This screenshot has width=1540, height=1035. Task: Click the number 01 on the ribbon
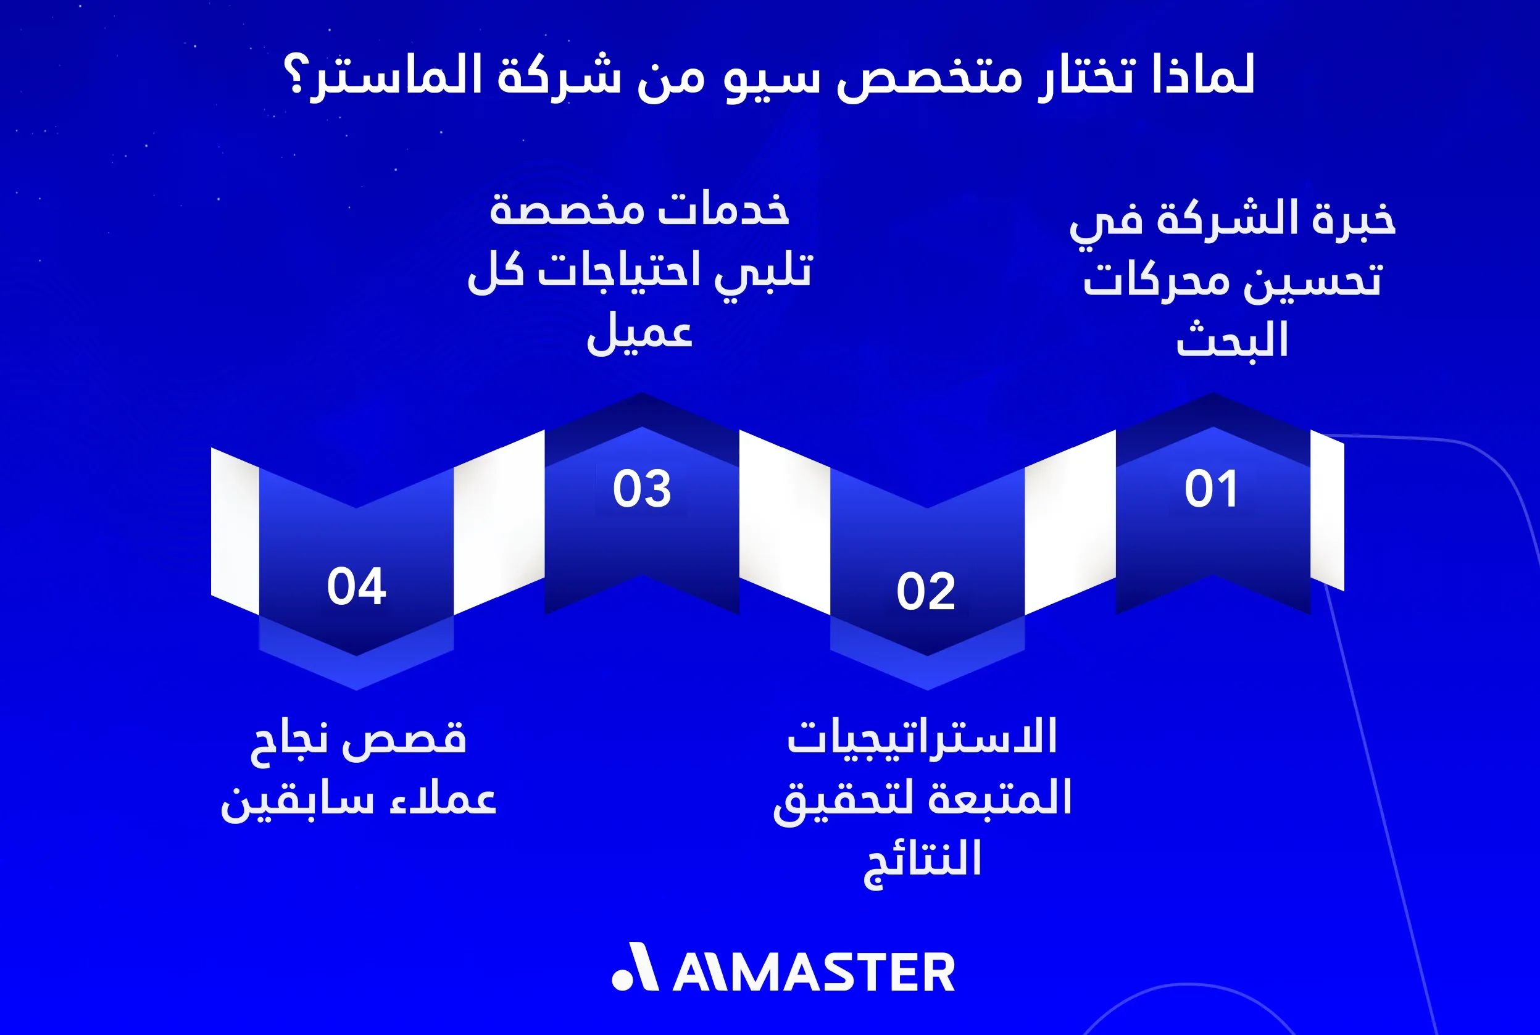click(1210, 489)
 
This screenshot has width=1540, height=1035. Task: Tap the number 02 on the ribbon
click(925, 591)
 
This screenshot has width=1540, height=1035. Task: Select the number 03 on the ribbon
click(641, 489)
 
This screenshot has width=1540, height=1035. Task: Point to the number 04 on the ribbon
click(356, 586)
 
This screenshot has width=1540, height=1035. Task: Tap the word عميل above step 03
click(639, 332)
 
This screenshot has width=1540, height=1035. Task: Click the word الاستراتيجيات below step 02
click(922, 738)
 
